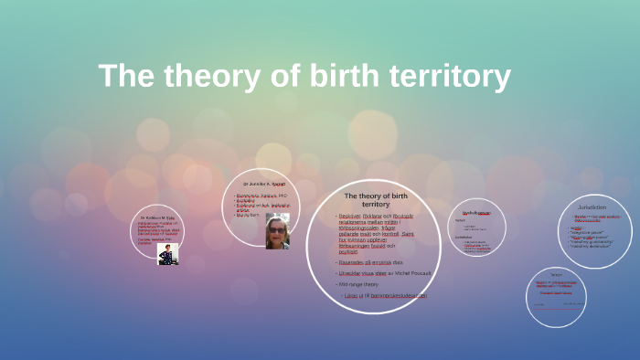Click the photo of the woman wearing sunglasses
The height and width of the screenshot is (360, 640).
coord(276,232)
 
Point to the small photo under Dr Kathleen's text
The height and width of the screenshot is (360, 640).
coord(166,253)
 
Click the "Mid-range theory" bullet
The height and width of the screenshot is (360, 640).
coord(357,284)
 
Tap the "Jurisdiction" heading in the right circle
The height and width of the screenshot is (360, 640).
coord(592,207)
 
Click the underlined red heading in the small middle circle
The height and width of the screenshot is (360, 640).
coord(476,212)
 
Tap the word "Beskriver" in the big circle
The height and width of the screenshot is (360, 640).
coord(353,216)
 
